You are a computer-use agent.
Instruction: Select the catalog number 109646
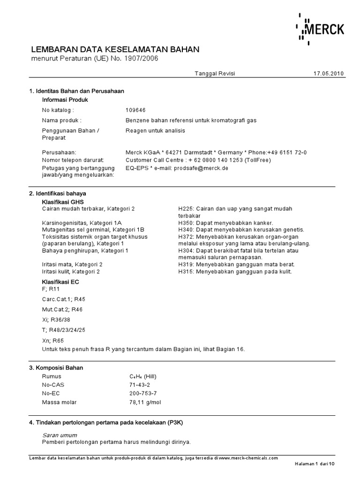(x=135, y=110)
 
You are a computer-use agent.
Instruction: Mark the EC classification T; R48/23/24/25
(x=64, y=330)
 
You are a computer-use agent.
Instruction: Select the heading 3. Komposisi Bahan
(x=56, y=368)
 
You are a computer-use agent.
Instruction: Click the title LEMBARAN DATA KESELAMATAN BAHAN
(x=115, y=49)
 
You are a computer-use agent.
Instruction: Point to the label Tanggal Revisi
(x=215, y=74)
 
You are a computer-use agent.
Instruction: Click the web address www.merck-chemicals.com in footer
(x=248, y=458)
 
